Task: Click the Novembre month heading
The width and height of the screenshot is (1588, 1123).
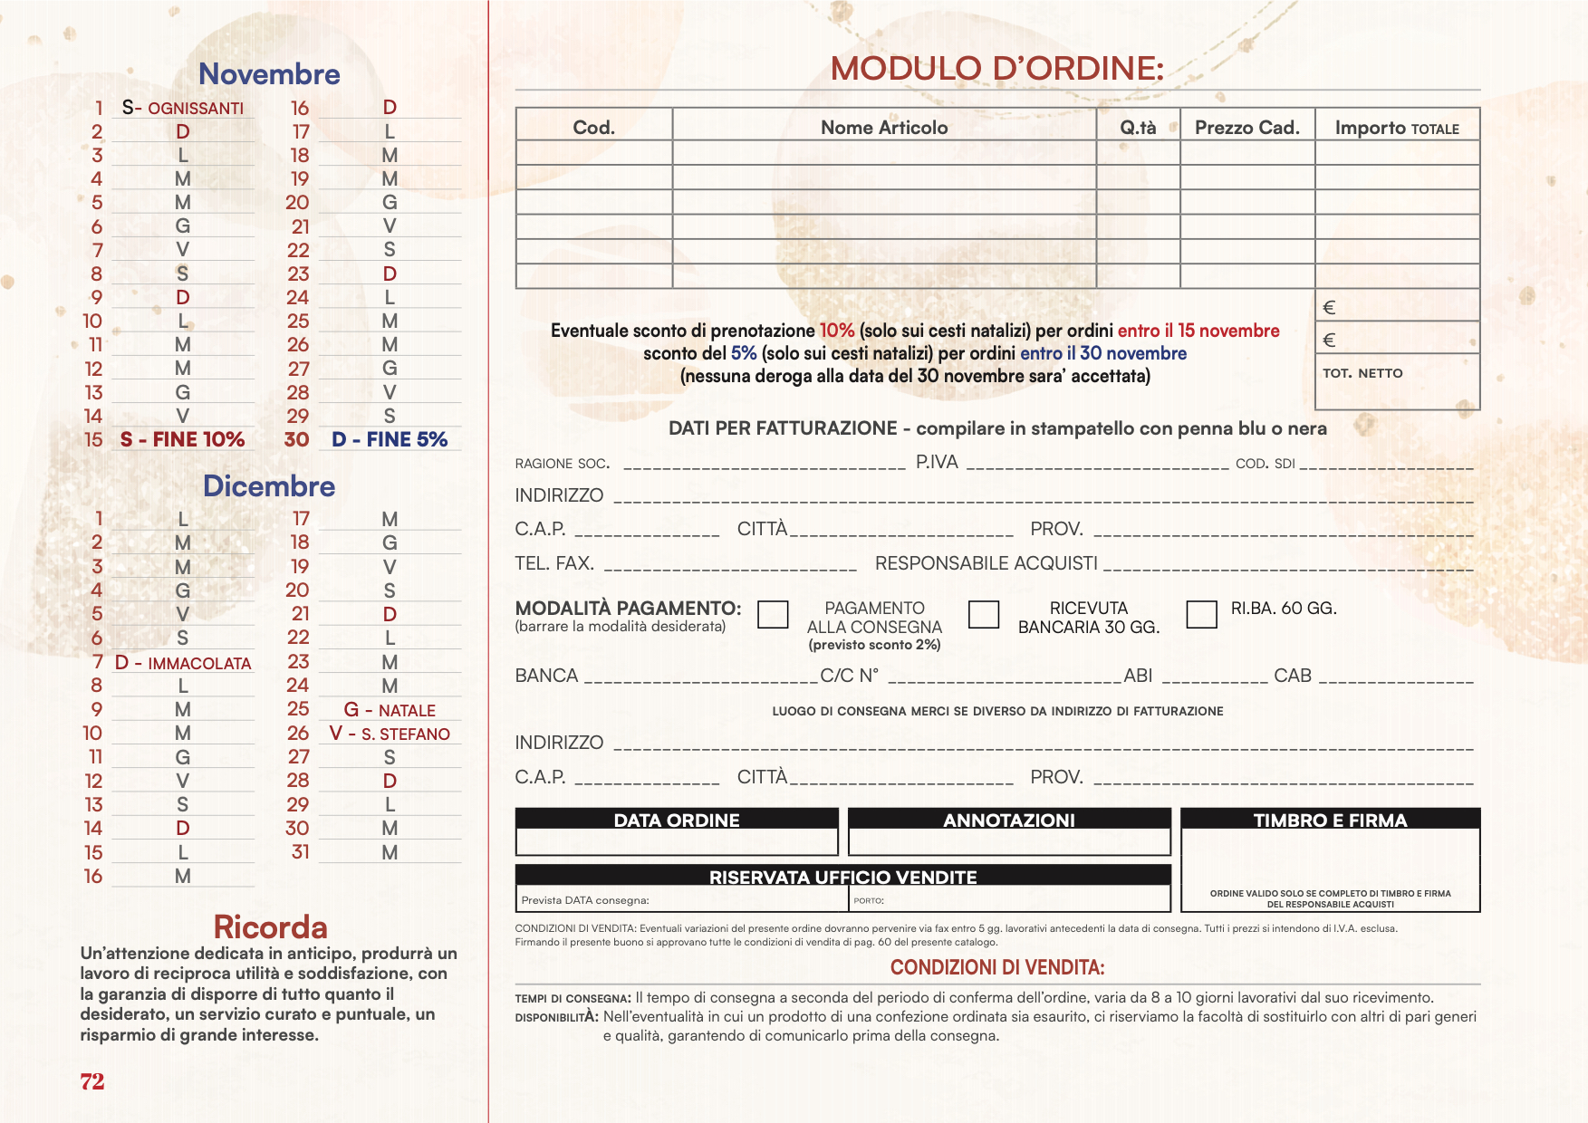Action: tap(269, 74)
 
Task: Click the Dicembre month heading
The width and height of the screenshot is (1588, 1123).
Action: tap(269, 486)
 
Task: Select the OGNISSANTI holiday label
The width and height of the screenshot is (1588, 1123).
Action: tap(195, 109)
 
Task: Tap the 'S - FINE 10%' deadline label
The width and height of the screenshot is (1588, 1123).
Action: tap(182, 440)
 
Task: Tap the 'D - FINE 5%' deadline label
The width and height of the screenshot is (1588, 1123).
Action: tap(390, 440)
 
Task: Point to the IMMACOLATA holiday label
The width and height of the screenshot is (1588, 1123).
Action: tap(198, 664)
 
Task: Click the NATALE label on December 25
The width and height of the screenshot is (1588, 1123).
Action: tap(406, 711)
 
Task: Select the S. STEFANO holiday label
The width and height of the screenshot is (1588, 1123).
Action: tap(405, 734)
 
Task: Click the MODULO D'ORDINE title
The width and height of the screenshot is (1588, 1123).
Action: tap(996, 69)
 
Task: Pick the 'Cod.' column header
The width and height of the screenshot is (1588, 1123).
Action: tap(593, 128)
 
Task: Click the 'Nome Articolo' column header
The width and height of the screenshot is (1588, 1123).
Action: tap(884, 128)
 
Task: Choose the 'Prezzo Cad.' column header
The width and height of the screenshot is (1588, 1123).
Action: tap(1246, 128)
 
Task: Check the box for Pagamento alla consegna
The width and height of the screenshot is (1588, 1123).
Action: tap(773, 614)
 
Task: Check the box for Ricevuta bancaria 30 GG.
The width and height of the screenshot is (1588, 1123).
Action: tap(984, 614)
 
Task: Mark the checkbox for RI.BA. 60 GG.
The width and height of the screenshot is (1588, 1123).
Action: tap(1201, 614)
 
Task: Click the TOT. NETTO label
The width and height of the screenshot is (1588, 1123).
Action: tap(1362, 373)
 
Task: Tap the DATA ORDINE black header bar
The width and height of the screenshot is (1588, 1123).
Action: tap(677, 820)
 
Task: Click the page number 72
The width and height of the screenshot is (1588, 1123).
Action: tap(92, 1081)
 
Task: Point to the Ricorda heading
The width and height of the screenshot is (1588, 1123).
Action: tap(270, 927)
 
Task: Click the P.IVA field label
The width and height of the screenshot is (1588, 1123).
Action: tap(937, 463)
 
